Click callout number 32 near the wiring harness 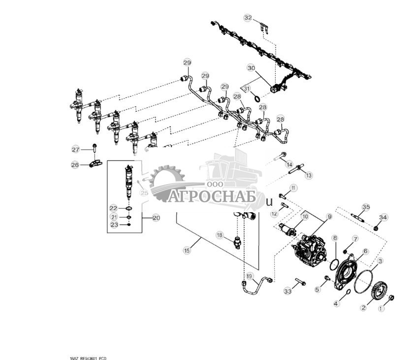coord(248,18)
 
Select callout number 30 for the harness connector coord(251,67)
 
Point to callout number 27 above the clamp coord(75,149)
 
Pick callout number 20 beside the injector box coord(156,217)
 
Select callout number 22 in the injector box coord(113,208)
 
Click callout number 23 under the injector coord(113,225)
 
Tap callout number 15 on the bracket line coord(187,251)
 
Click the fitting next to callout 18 coord(238,242)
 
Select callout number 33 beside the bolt coord(287,292)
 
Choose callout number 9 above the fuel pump coord(329,216)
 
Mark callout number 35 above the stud coord(366,206)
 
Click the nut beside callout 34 coord(376,228)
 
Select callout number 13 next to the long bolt coord(308,175)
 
